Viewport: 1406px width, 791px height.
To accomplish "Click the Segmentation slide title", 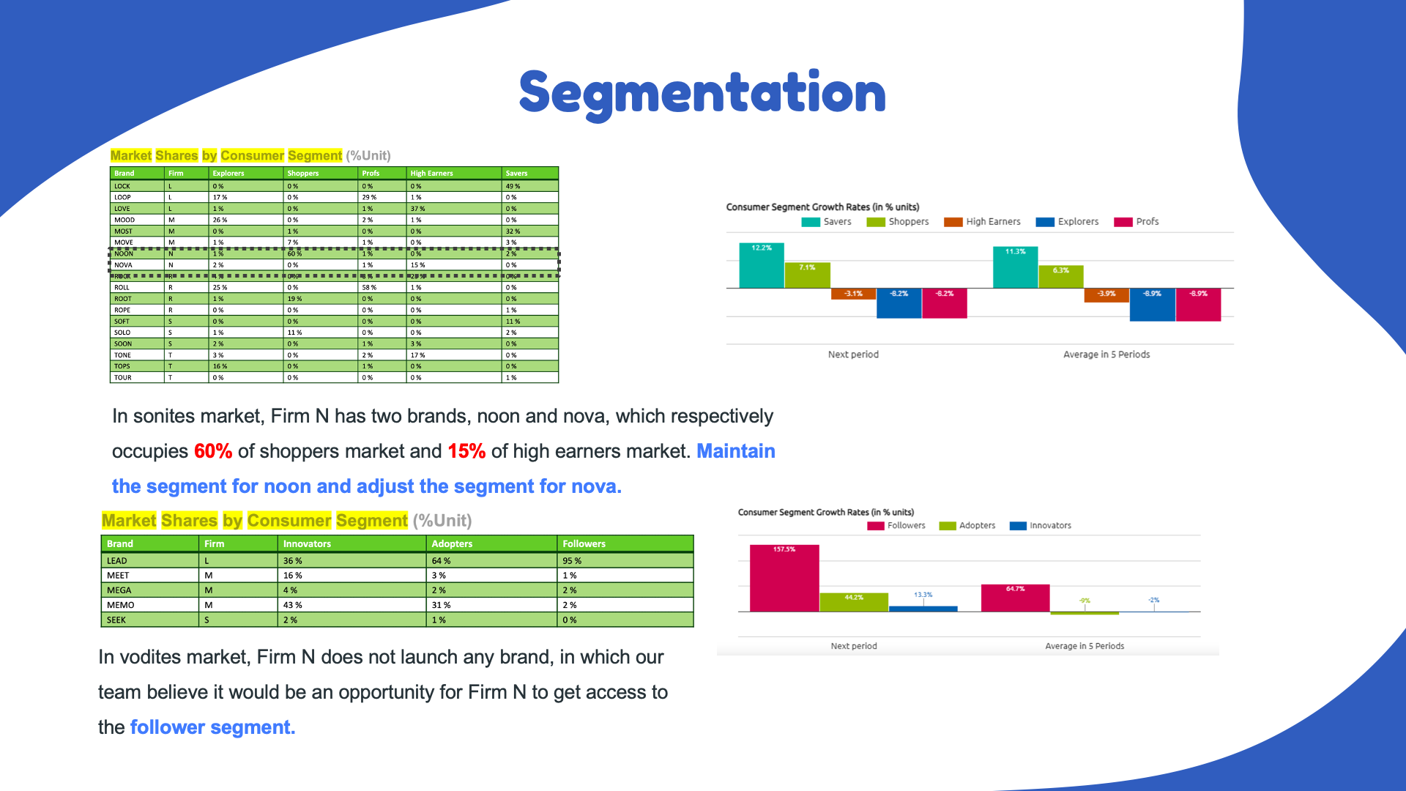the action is pos(702,93).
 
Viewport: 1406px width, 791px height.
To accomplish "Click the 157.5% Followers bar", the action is pos(784,578).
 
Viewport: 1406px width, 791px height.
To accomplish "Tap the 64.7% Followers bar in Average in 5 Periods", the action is pos(1015,598).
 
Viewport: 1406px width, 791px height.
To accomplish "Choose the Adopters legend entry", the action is pos(967,526).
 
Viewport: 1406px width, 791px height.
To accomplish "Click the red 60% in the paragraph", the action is pos(213,451).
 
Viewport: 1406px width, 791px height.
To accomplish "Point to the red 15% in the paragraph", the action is pos(466,451).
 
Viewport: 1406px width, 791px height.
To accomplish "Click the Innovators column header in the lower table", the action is pos(307,544).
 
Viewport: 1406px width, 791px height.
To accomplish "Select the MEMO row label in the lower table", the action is pos(121,606).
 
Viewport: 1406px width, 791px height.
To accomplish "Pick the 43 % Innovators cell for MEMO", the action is pos(293,606).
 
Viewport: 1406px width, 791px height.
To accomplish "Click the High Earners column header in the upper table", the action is pos(431,174).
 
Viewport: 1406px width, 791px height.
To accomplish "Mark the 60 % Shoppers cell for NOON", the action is pos(294,254).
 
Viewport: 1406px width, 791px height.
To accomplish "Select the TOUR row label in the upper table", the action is pos(123,378).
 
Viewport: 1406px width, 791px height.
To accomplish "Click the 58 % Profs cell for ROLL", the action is pos(369,288).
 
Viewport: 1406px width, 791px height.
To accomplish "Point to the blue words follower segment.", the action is pos(212,727).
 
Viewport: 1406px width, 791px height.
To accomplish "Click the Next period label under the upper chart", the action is pos(853,354).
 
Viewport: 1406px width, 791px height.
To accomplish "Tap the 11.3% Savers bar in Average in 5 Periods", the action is pos(1015,267).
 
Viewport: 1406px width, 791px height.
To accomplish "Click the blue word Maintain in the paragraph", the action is pos(735,451).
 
